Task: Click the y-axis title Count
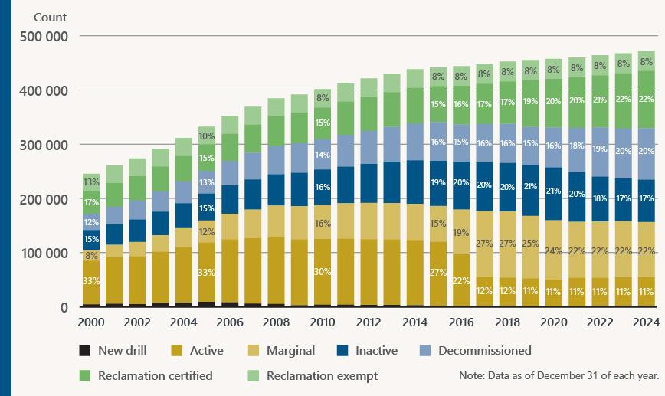click(50, 17)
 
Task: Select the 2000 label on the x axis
click(91, 322)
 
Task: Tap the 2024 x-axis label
click(646, 322)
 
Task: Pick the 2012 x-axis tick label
click(369, 322)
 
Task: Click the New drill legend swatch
click(85, 351)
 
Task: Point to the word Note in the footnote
click(471, 376)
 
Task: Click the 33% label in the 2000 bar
click(91, 281)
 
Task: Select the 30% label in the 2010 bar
click(322, 271)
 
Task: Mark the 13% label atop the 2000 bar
click(91, 182)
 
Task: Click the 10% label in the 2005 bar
click(207, 136)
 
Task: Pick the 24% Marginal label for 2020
click(553, 251)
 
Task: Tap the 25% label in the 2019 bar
click(530, 244)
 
